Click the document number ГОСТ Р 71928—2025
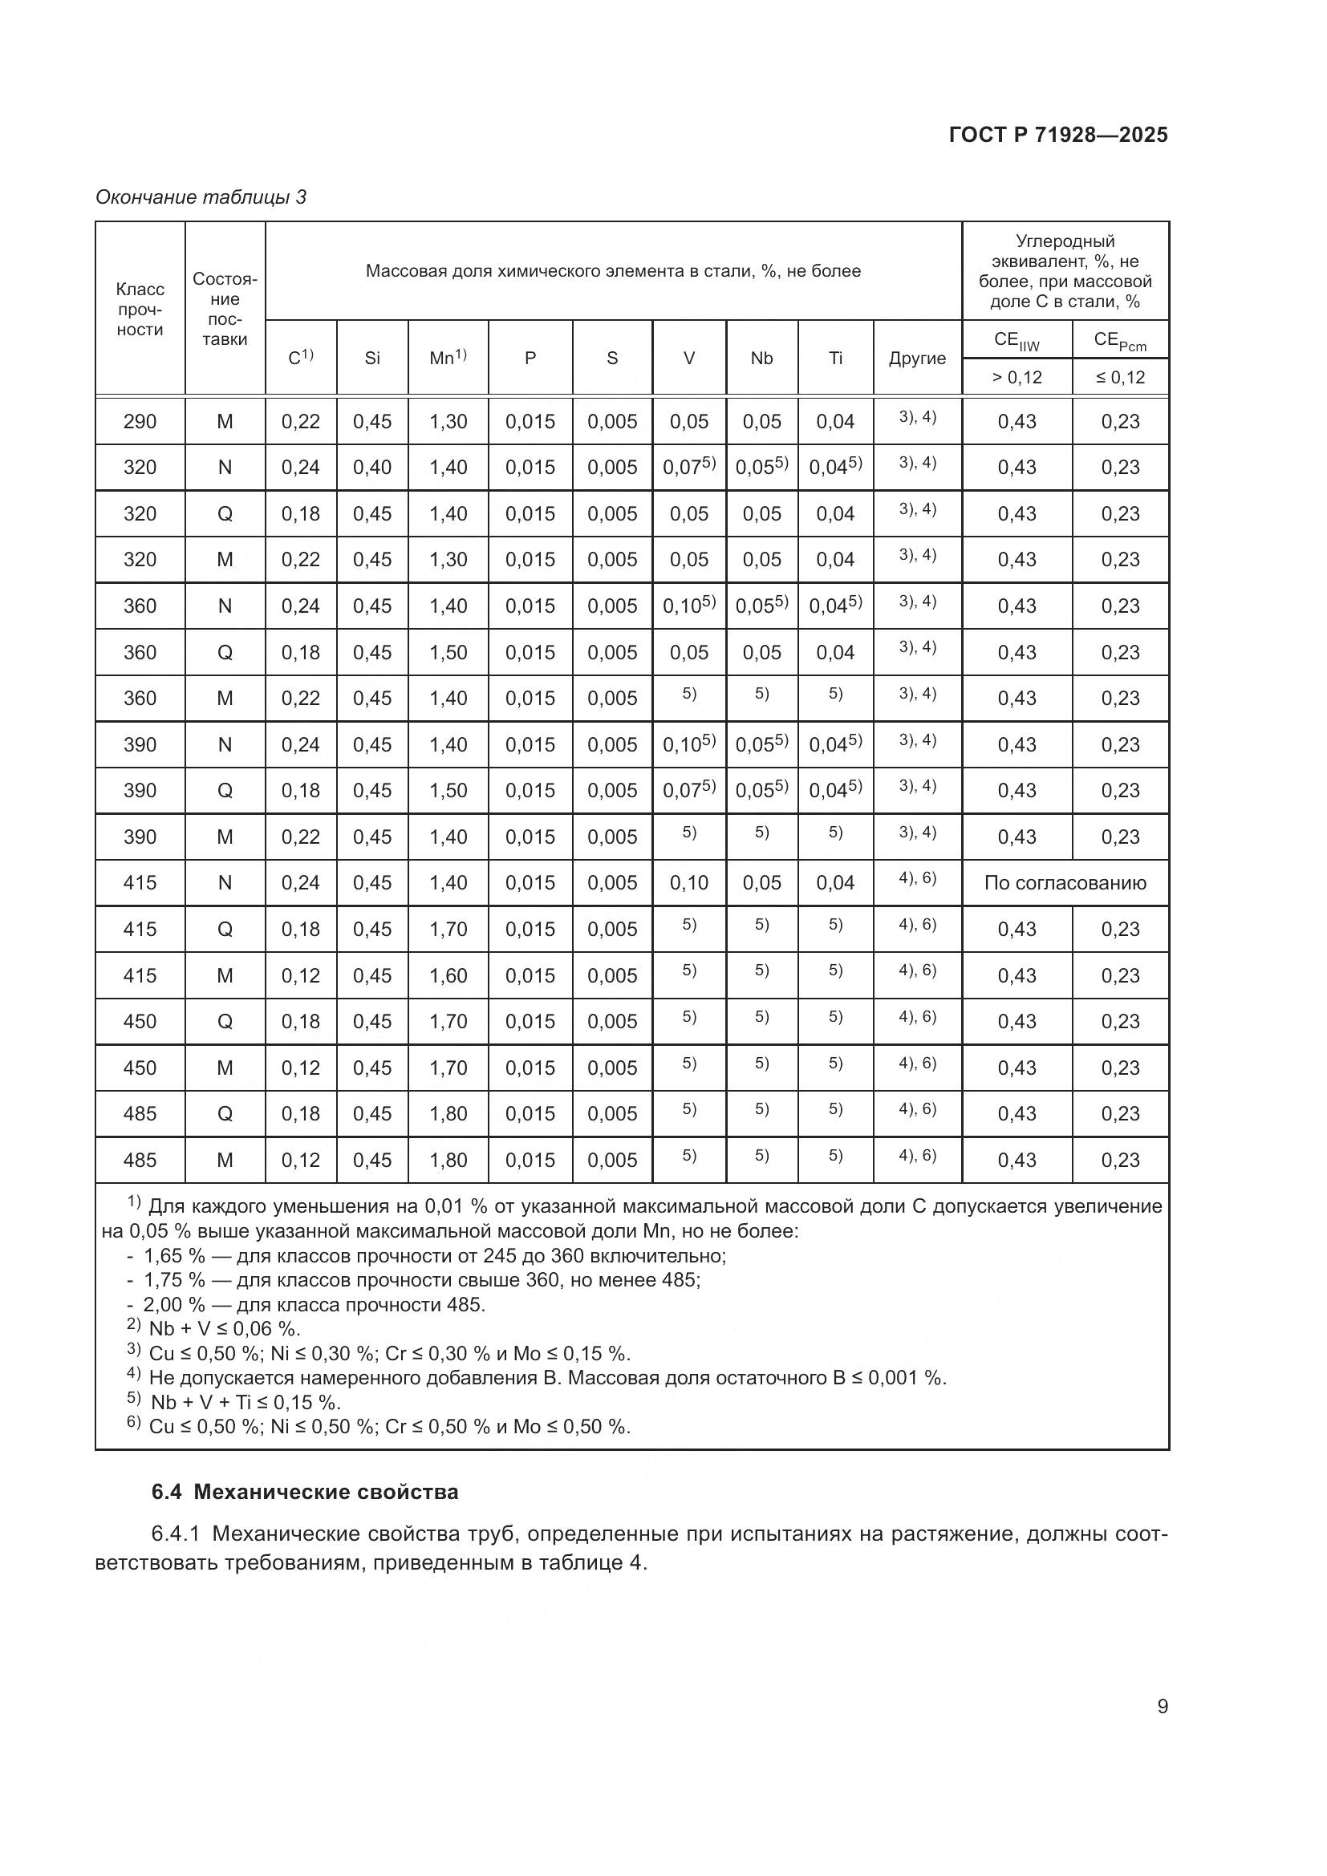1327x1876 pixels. [1057, 136]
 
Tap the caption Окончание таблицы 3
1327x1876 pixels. [201, 197]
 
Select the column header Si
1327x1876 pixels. [371, 358]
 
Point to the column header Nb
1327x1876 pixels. [761, 358]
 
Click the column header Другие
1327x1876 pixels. [917, 358]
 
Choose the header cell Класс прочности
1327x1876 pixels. [140, 309]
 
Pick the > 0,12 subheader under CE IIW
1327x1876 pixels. [1017, 378]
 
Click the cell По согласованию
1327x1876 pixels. [1065, 882]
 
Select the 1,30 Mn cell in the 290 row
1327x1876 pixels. [448, 422]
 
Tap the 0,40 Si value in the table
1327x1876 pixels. [371, 468]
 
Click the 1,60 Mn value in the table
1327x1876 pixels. [448, 974]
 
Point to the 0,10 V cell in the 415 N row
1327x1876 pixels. [688, 882]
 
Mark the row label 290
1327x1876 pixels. [140, 422]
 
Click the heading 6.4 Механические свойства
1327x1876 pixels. [306, 1492]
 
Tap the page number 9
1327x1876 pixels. [1162, 1707]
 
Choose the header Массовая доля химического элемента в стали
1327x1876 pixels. [613, 271]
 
